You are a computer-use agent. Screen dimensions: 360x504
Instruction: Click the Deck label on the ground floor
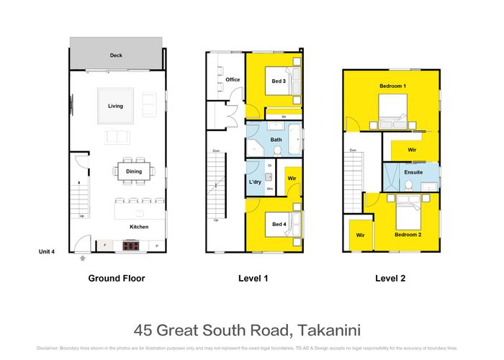116,55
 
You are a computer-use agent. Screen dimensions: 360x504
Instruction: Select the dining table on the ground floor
134,171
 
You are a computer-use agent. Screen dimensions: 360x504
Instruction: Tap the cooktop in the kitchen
131,246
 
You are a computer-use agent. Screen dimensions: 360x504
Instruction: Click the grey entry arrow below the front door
83,258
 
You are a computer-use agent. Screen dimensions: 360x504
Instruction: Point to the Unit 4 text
48,251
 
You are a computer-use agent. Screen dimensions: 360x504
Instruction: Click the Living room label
116,106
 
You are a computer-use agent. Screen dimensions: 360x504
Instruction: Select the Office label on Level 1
233,80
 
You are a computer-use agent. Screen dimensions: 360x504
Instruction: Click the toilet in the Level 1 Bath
277,150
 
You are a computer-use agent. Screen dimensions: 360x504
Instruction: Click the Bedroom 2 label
408,235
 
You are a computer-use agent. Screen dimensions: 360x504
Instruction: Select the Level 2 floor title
391,278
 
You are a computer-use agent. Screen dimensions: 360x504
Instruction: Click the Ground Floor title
116,278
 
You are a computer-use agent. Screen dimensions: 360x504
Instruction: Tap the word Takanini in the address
326,330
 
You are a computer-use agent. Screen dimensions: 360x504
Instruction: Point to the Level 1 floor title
253,278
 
